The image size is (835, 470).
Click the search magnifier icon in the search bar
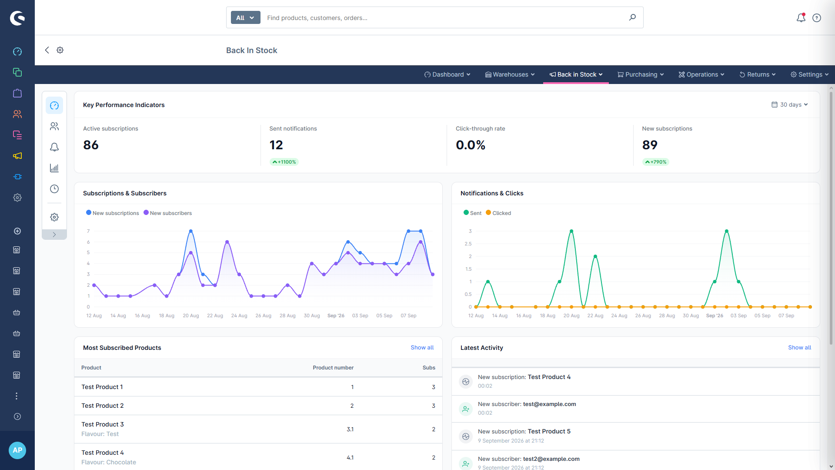point(632,17)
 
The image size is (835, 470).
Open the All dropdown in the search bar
point(245,17)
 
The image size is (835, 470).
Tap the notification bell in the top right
point(801,17)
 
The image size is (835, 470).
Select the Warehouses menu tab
point(510,74)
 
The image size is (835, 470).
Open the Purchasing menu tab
point(641,74)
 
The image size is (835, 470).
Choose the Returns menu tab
point(758,74)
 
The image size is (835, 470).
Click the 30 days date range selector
point(790,104)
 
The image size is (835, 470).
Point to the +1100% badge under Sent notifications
point(284,162)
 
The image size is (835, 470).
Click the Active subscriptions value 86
point(91,145)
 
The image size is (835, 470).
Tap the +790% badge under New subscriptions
point(656,162)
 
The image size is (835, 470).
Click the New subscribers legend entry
point(168,213)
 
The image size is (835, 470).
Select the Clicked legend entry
point(498,213)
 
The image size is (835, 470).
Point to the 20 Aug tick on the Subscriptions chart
point(191,316)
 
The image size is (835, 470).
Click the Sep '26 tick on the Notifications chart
point(715,316)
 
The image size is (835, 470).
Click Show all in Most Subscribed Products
point(422,347)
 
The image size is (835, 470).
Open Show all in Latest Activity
point(799,347)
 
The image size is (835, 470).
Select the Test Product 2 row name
point(103,406)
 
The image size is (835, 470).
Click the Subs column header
point(429,368)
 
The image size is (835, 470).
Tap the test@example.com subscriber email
point(549,404)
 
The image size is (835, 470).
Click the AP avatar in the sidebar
point(17,450)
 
